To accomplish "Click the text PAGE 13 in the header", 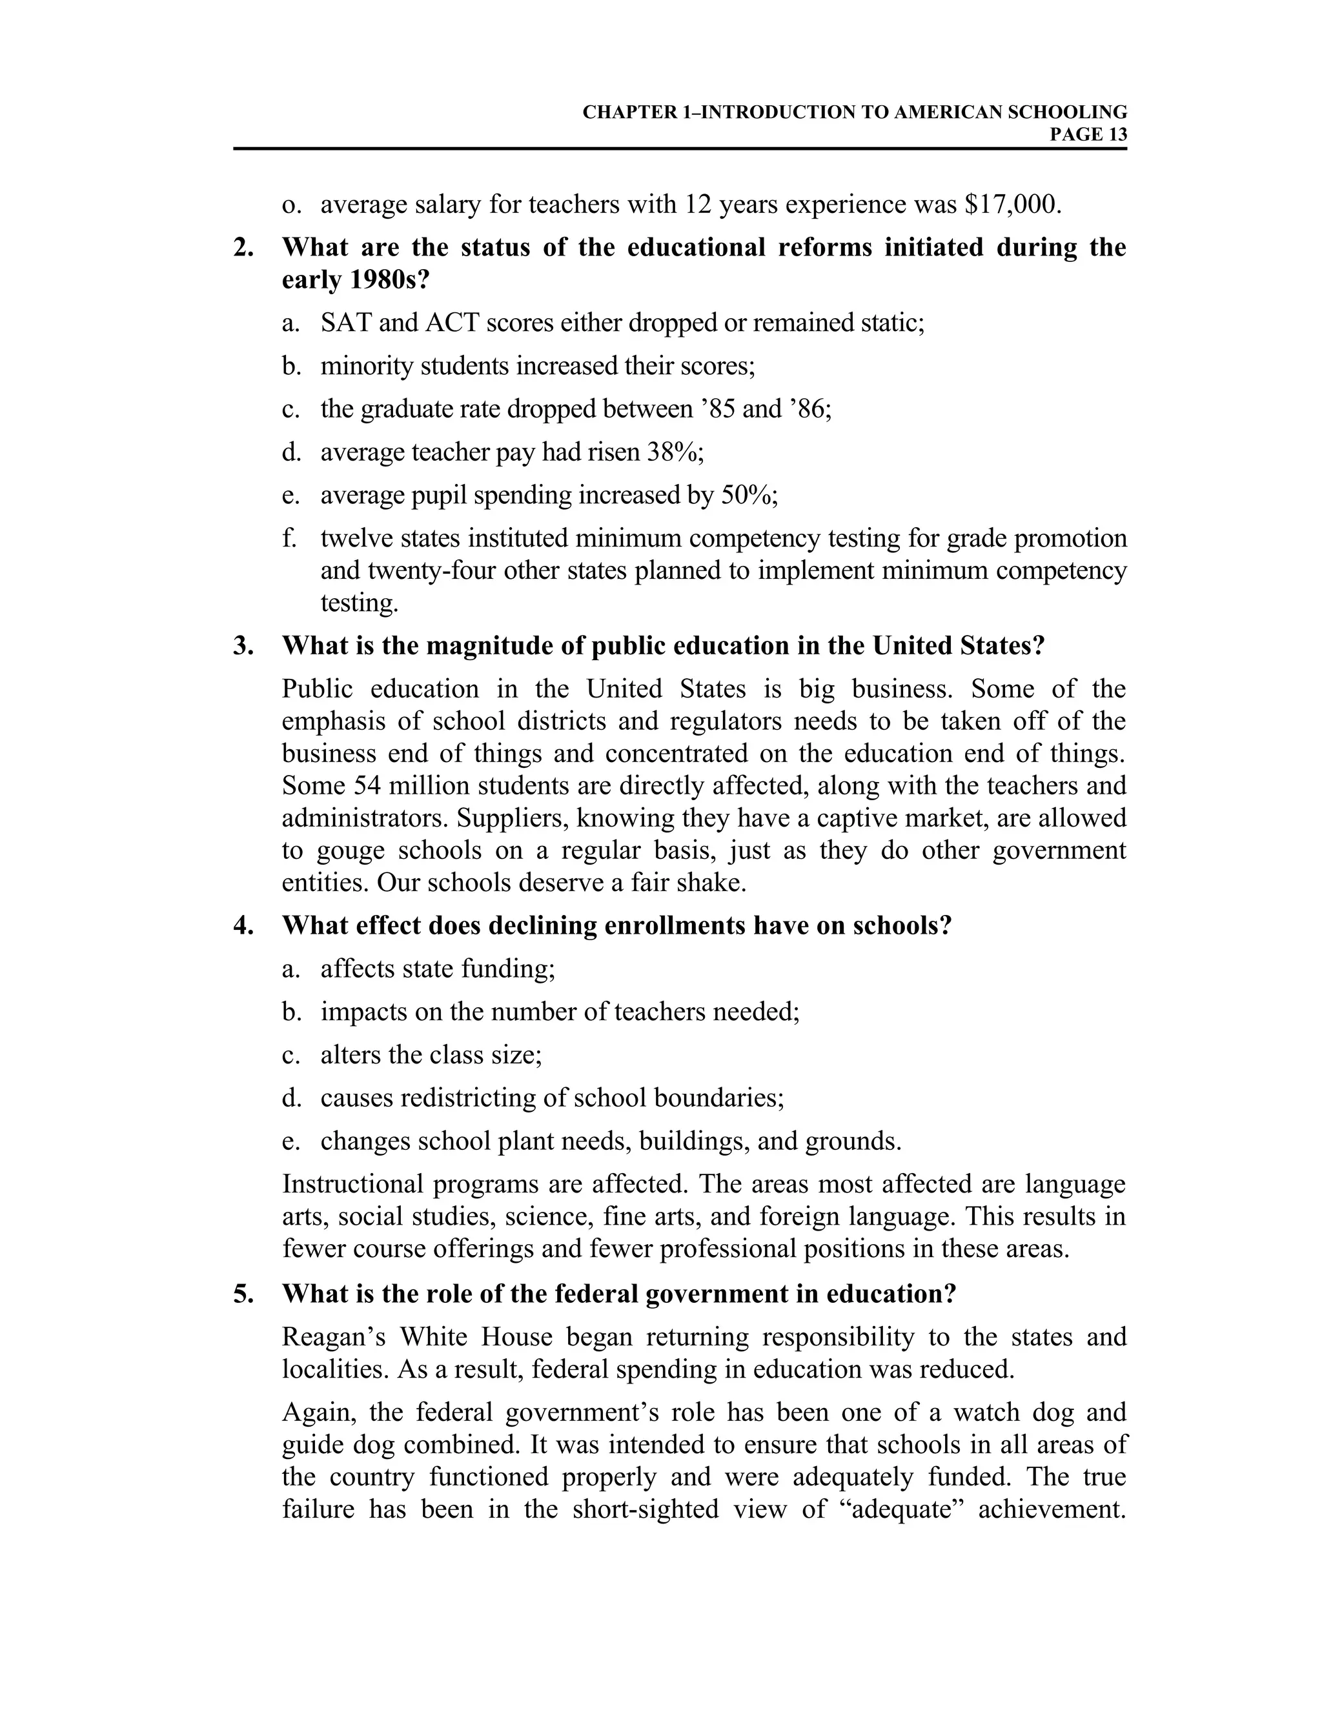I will (1088, 135).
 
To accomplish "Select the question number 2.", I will (243, 247).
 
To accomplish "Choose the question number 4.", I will (243, 925).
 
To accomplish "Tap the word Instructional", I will (352, 1184).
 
